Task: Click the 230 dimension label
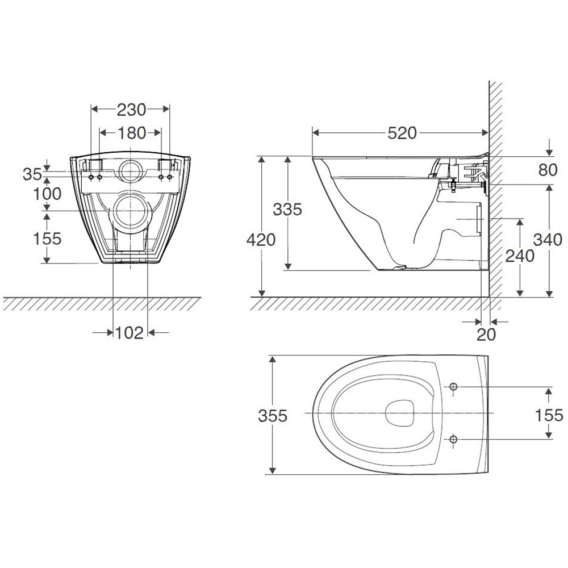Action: pyautogui.click(x=131, y=110)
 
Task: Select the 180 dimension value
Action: pyautogui.click(x=131, y=133)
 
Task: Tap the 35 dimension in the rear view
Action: pyautogui.click(x=32, y=174)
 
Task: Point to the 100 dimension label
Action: pyautogui.click(x=47, y=194)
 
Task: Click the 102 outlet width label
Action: pyautogui.click(x=130, y=332)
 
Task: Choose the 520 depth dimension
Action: pyautogui.click(x=402, y=133)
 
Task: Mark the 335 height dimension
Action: pyautogui.click(x=287, y=210)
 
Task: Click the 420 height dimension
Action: pyautogui.click(x=261, y=240)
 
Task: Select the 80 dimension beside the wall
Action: pyautogui.click(x=548, y=170)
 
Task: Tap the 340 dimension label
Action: pyautogui.click(x=548, y=240)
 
